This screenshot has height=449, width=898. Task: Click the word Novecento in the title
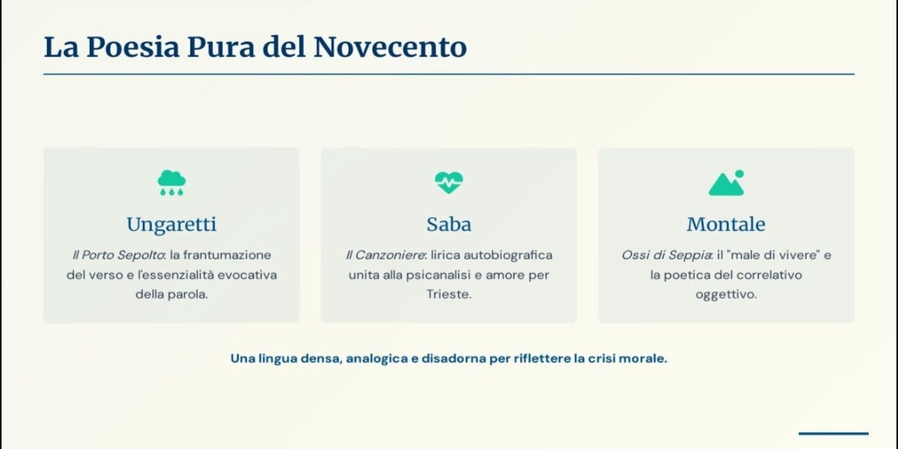(x=390, y=47)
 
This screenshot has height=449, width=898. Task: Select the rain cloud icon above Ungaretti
(x=171, y=183)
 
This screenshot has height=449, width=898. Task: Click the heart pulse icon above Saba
(x=449, y=183)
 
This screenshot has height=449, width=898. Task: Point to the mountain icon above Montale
(x=726, y=183)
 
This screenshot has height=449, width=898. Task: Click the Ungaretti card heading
(x=172, y=224)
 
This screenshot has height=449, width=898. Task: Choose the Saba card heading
(x=449, y=224)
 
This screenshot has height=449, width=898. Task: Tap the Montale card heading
(x=726, y=224)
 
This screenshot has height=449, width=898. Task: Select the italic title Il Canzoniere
(x=386, y=255)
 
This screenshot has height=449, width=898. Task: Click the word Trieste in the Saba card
(x=448, y=295)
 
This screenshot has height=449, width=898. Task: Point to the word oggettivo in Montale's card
(x=726, y=295)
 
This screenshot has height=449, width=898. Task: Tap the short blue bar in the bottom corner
(x=834, y=434)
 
